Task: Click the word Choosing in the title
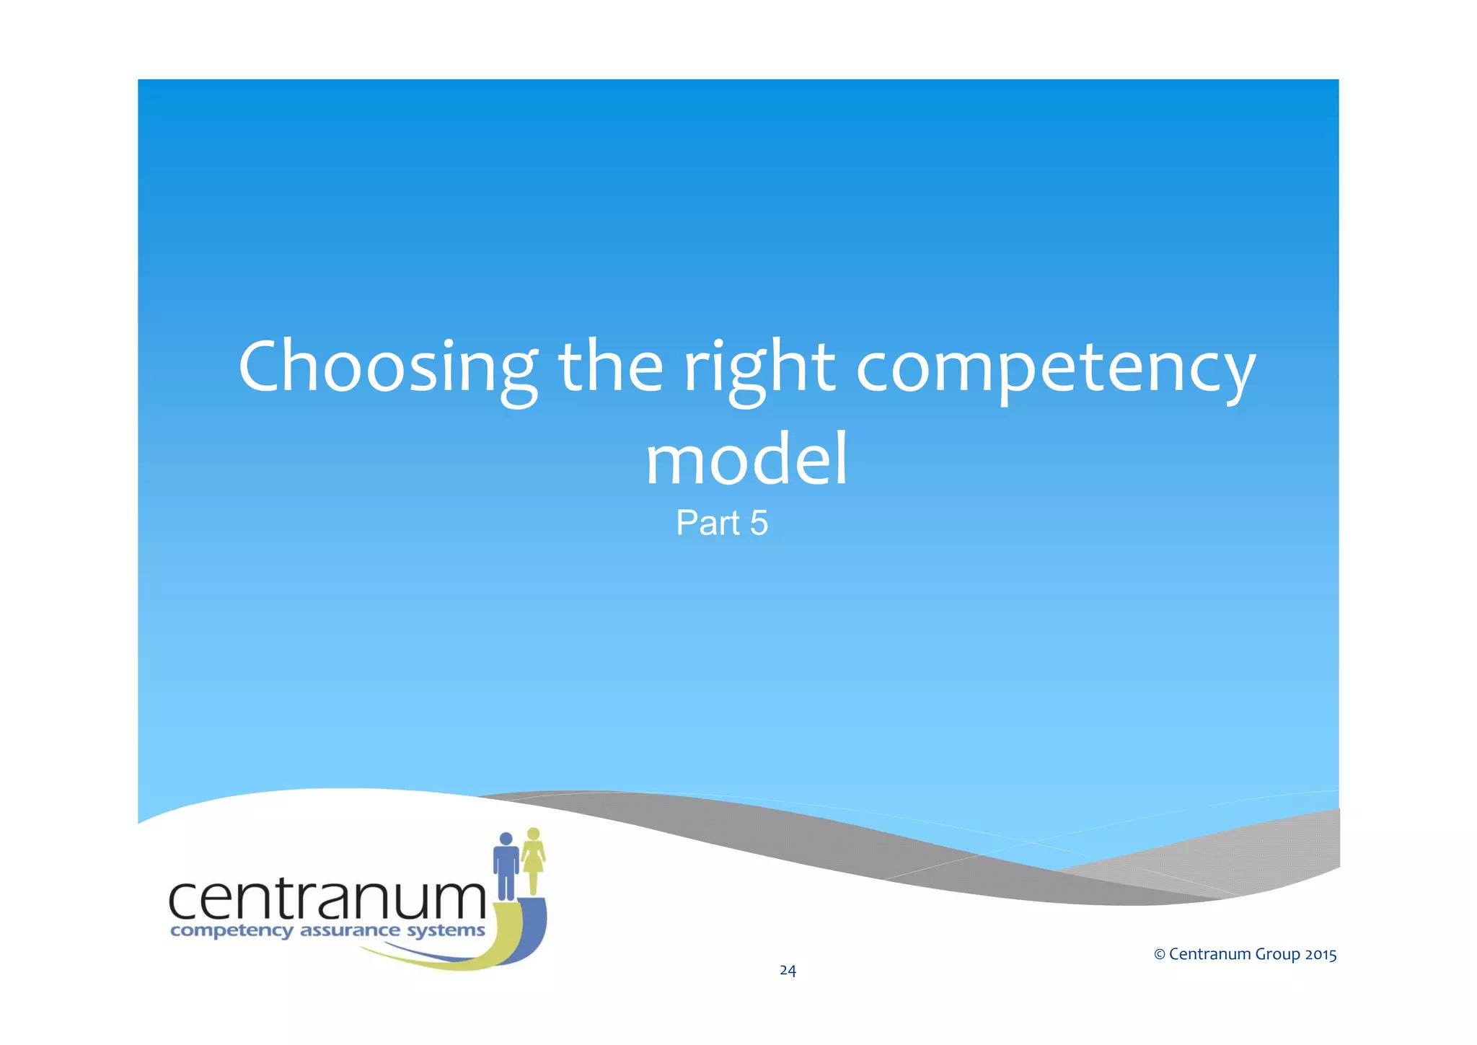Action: click(387, 368)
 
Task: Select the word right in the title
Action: click(759, 368)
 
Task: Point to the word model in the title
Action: click(746, 460)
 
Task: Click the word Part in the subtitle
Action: click(707, 523)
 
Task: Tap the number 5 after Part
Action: click(759, 523)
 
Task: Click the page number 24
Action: click(788, 971)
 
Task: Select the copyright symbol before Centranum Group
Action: click(1160, 955)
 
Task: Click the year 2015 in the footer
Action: click(1321, 955)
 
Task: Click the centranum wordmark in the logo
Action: click(327, 899)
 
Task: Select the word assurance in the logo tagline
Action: click(349, 930)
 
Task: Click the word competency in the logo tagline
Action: click(232, 931)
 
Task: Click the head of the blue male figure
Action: click(506, 839)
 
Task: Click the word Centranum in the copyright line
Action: click(1209, 955)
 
